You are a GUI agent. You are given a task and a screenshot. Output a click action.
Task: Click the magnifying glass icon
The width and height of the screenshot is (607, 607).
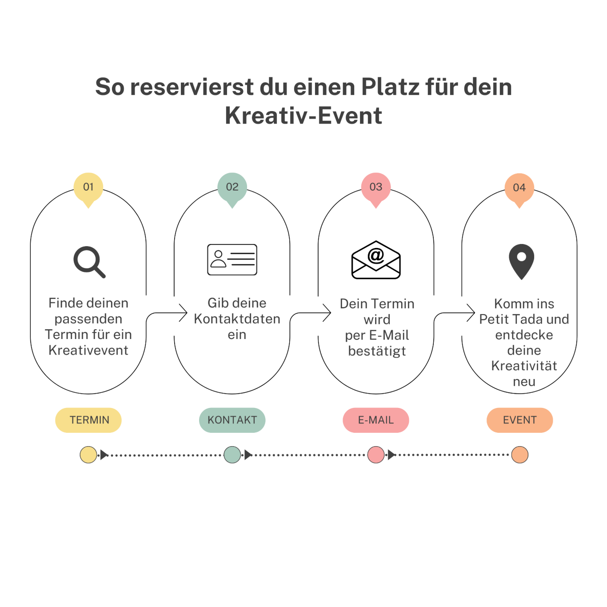point(89,262)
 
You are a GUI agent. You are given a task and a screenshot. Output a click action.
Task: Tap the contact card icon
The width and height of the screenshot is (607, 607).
point(232,260)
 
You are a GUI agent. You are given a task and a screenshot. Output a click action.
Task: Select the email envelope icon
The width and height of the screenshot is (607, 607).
point(376,260)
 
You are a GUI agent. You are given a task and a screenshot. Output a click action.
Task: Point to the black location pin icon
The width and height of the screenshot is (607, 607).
point(521,261)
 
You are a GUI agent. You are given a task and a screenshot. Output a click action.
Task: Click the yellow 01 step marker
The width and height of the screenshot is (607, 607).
point(88,189)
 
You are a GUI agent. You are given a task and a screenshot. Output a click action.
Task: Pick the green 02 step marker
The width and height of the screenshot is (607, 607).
point(232,189)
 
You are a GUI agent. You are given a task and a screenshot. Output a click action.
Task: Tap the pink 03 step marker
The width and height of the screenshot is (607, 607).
point(376,189)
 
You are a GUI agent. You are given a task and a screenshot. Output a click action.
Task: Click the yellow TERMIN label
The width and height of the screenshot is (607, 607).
point(88,420)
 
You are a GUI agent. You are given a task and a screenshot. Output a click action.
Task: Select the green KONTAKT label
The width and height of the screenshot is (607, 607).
point(232,420)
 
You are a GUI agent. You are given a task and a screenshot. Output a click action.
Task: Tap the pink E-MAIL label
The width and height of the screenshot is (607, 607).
point(376,420)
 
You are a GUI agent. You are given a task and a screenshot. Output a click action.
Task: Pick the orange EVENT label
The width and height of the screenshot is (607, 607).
point(520,420)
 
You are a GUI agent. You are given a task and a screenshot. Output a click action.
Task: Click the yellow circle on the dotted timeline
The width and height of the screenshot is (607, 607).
point(88,455)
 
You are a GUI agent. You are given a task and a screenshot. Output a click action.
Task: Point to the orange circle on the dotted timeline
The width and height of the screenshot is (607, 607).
point(520,455)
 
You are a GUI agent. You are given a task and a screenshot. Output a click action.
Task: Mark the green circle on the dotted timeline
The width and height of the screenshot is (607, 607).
point(232,455)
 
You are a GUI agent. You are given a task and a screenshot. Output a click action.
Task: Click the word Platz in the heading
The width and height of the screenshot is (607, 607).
point(390,87)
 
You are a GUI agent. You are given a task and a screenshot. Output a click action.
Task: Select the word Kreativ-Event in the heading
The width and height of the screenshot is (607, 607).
point(303,116)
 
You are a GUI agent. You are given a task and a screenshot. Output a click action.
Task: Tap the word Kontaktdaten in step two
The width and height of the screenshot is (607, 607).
point(237,319)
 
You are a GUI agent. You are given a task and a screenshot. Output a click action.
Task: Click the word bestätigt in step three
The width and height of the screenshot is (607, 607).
point(377,351)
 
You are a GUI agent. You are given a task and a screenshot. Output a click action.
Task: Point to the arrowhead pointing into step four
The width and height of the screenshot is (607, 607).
point(471,313)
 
